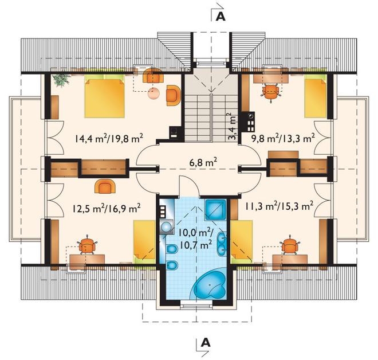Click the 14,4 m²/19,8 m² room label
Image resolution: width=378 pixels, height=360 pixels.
point(109,139)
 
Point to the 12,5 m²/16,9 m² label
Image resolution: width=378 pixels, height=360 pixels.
point(107,209)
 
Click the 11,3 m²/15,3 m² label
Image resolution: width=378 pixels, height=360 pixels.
point(279,206)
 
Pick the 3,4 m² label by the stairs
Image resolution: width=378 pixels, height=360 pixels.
point(233,127)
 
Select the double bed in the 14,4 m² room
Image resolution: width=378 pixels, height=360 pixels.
point(104,96)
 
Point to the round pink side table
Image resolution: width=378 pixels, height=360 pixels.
point(153,93)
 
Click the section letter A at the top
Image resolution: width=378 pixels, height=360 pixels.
point(220,17)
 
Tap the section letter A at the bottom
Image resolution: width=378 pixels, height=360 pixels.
point(206,342)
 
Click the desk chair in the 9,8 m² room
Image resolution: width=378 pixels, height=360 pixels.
point(271,92)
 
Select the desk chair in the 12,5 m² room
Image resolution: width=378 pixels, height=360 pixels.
point(86,245)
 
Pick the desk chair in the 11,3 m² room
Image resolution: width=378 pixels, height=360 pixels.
point(290,245)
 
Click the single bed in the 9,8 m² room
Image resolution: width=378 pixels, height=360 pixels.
point(316,96)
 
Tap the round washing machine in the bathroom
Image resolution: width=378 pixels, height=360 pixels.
point(166,227)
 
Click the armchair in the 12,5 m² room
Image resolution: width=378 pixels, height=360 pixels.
point(105,186)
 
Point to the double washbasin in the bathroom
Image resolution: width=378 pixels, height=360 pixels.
point(222,243)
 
